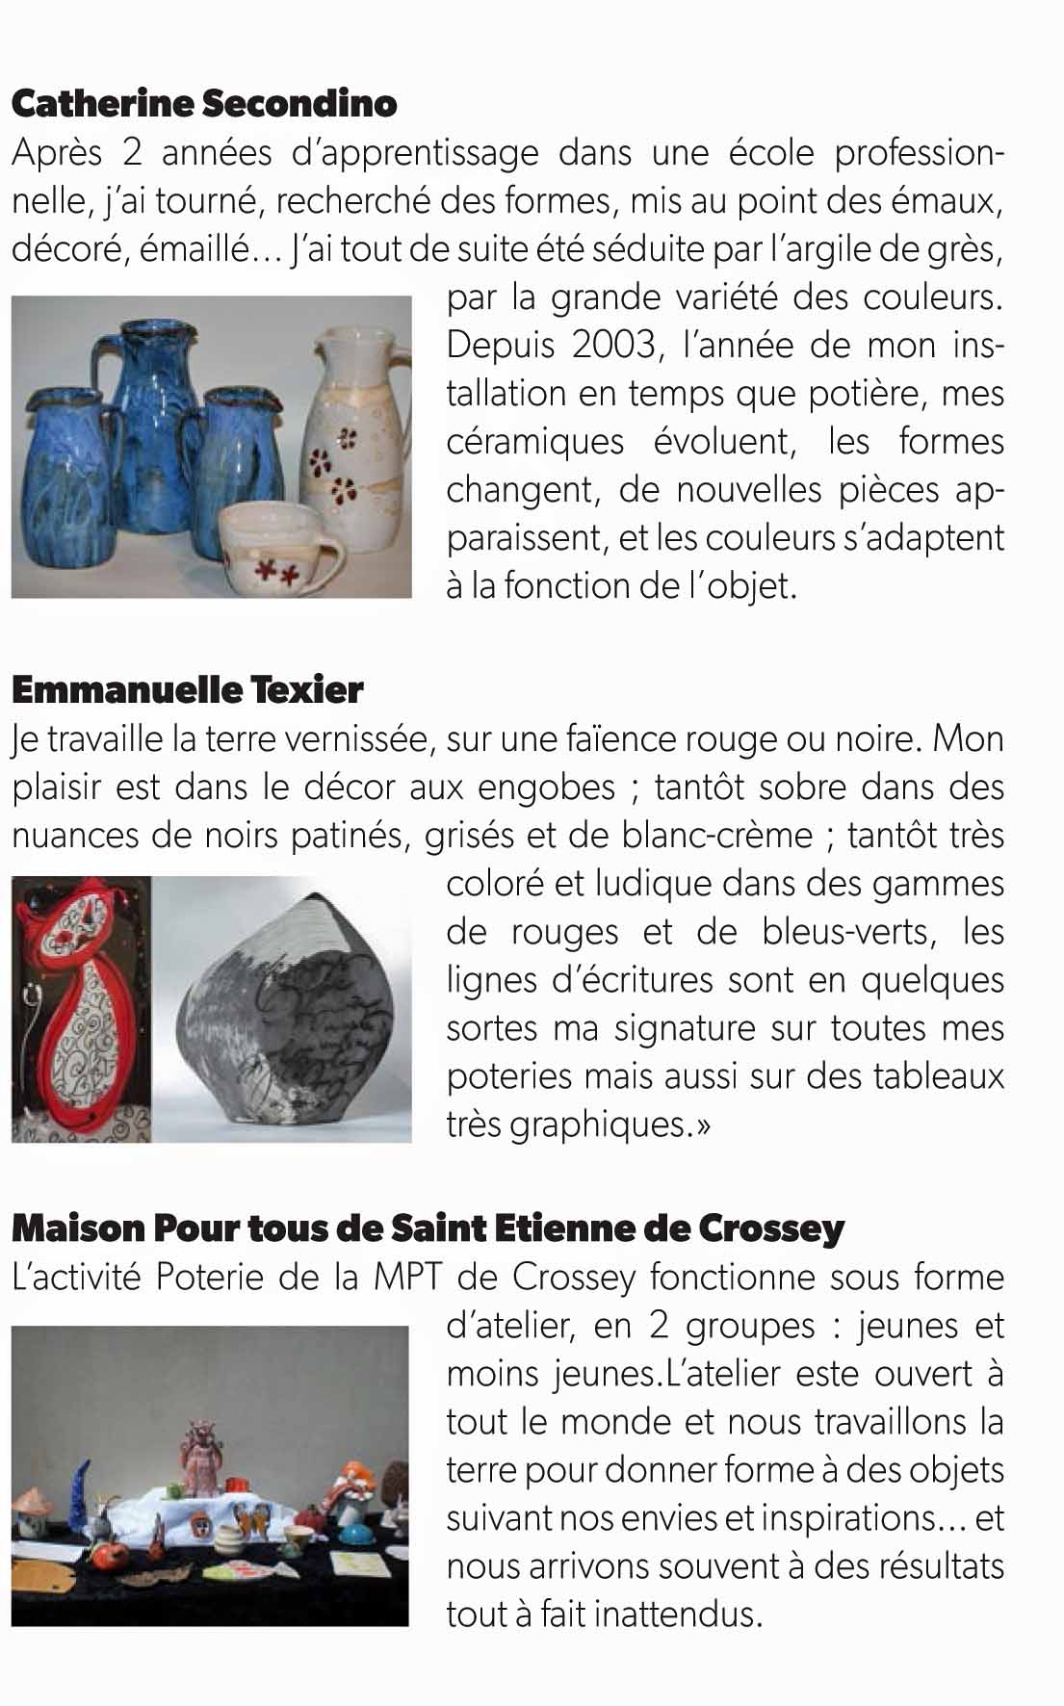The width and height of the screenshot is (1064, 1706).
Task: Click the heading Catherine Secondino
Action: click(204, 104)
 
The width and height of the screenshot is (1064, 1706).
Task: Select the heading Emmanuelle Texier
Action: click(188, 689)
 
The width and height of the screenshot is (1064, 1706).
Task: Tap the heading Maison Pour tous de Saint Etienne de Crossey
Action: click(428, 1228)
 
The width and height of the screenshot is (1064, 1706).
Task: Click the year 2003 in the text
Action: click(612, 345)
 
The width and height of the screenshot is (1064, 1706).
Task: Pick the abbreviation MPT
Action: click(407, 1278)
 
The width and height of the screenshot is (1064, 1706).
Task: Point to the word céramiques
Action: click(534, 442)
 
